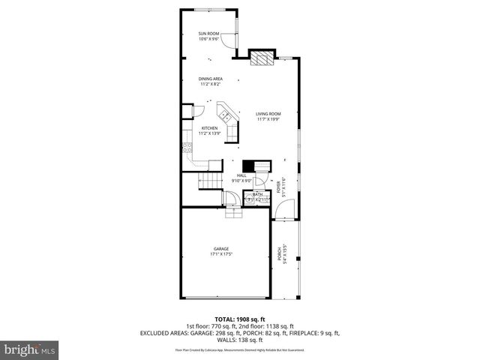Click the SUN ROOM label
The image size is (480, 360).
click(208, 34)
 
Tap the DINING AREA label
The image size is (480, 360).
click(210, 79)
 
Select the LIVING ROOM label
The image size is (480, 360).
click(268, 113)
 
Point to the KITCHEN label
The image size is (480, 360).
click(210, 128)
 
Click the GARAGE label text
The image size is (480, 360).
click(220, 249)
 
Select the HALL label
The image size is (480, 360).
click(241, 175)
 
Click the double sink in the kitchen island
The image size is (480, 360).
click(224, 115)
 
